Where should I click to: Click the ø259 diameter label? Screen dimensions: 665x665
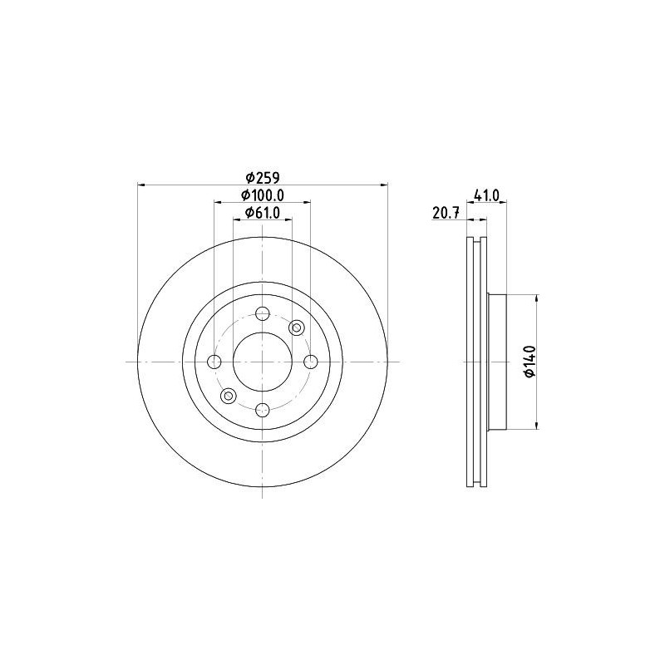(x=262, y=176)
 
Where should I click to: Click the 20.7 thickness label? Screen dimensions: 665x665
(x=446, y=214)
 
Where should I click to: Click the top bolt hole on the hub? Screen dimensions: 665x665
(x=263, y=313)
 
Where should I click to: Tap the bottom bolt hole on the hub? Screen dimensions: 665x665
(x=263, y=409)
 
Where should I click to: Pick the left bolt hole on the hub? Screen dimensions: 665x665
(x=214, y=362)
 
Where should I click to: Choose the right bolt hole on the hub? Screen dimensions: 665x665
(x=310, y=362)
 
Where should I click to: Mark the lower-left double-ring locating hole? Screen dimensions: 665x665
(x=228, y=396)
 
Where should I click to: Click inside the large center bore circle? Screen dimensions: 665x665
(x=263, y=362)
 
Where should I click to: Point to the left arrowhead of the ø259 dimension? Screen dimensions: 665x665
(x=140, y=185)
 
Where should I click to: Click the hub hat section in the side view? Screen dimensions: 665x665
(x=496, y=362)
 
